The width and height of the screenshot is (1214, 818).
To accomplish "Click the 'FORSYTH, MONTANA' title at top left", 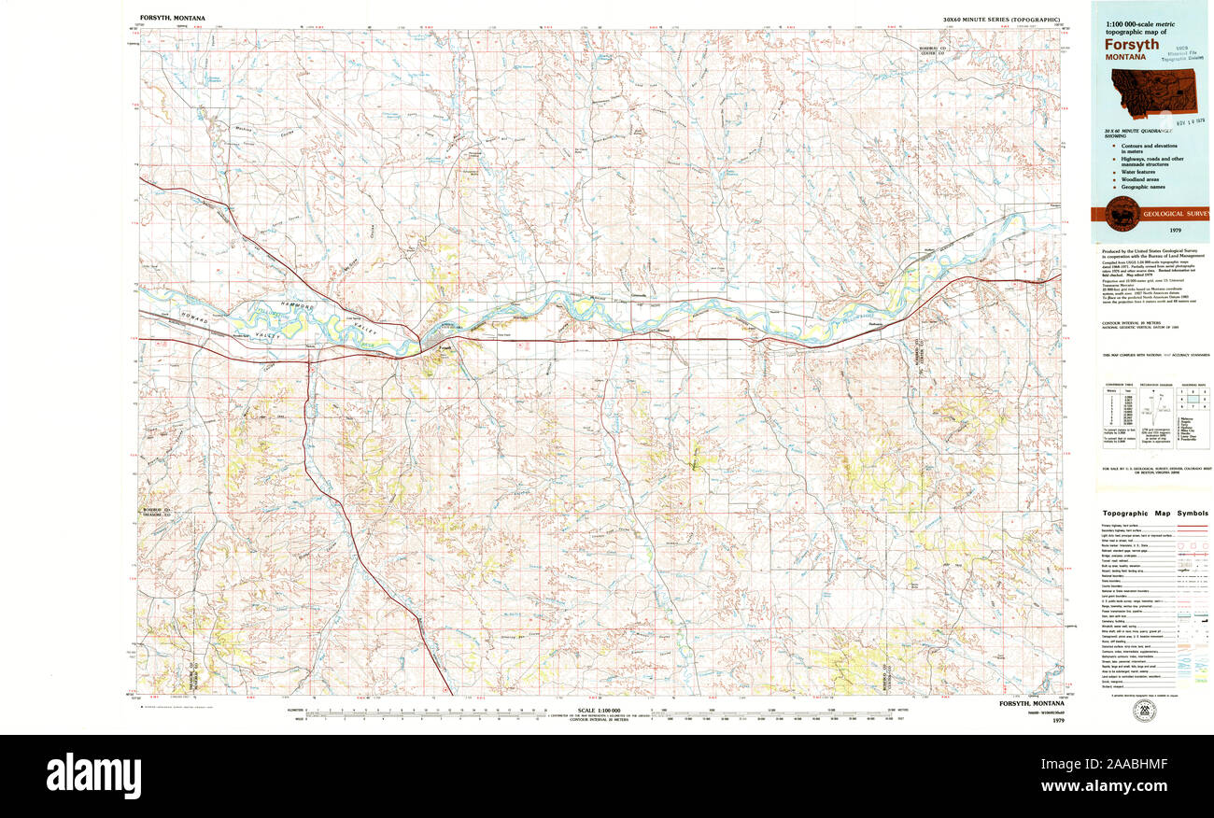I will click(173, 18).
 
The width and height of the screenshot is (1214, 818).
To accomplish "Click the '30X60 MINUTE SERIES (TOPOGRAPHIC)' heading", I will click(1002, 20).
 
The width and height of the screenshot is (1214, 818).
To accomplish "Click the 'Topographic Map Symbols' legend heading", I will click(1154, 514).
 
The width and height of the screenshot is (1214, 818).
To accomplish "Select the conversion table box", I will click(1118, 409).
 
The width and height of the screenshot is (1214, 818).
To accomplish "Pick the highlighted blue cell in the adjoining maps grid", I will click(1193, 398).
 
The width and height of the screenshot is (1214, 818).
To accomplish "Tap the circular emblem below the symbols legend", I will click(1141, 712).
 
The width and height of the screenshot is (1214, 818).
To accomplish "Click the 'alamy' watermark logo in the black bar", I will click(93, 775).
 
